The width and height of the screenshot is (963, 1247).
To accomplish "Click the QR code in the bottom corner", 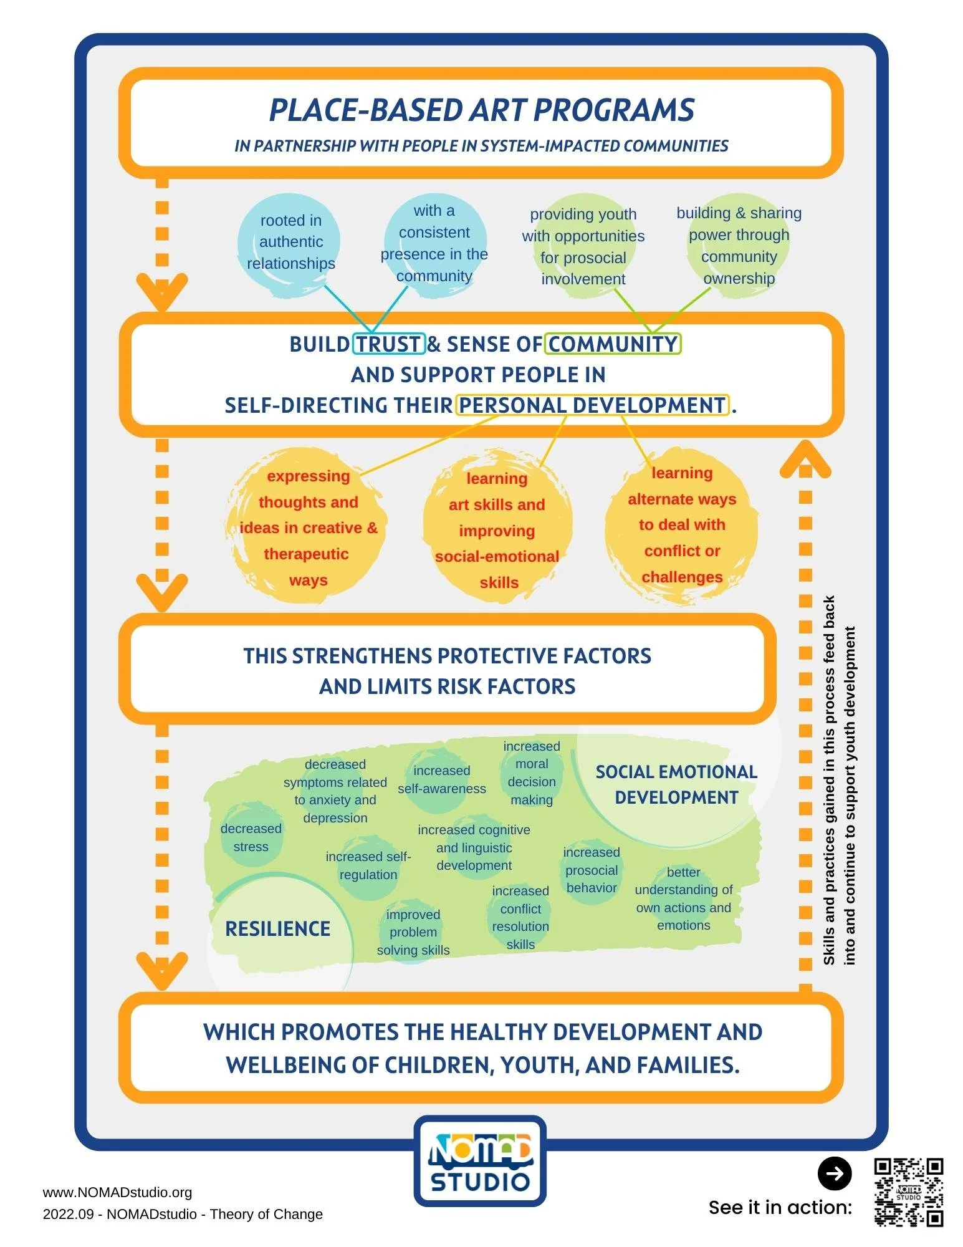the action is [908, 1192].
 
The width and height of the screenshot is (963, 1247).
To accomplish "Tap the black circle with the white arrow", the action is [834, 1173].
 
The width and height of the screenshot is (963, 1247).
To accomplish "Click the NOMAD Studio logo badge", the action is [480, 1160].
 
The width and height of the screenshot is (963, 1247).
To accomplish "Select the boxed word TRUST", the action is [388, 344].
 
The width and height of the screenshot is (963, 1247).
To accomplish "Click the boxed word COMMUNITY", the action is [613, 344].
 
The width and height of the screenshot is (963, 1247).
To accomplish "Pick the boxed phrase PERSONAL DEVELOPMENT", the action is [592, 405].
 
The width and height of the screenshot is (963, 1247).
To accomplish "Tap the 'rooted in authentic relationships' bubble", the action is [290, 242].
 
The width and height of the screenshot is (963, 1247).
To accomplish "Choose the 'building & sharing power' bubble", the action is [739, 245].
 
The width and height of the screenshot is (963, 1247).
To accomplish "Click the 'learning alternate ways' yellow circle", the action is [682, 525].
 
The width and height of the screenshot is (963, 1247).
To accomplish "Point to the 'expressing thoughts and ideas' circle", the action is [308, 527].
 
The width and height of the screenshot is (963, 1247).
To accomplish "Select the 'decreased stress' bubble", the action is [251, 837].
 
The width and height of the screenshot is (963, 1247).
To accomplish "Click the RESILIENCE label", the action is [278, 929].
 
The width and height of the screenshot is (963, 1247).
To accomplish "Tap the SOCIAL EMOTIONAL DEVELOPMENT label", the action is [676, 784].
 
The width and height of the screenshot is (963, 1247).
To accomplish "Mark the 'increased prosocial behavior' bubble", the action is [591, 870].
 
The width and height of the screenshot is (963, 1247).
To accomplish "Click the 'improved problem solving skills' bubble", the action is [413, 932].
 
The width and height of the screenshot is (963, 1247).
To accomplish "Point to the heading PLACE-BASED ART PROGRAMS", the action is [481, 110].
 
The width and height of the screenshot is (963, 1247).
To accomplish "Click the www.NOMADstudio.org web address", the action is [117, 1192].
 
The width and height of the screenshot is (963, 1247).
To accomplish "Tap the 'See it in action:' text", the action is [780, 1207].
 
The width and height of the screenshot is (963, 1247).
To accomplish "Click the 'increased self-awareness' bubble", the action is [441, 779].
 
